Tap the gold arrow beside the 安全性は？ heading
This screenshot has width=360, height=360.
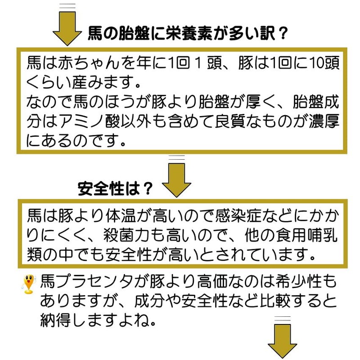coord(176,180)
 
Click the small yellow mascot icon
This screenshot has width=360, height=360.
coord(29,284)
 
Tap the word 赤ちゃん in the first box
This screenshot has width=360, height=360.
coord(89,63)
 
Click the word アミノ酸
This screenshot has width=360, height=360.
coord(89,121)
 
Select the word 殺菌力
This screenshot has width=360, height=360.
coord(127,235)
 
